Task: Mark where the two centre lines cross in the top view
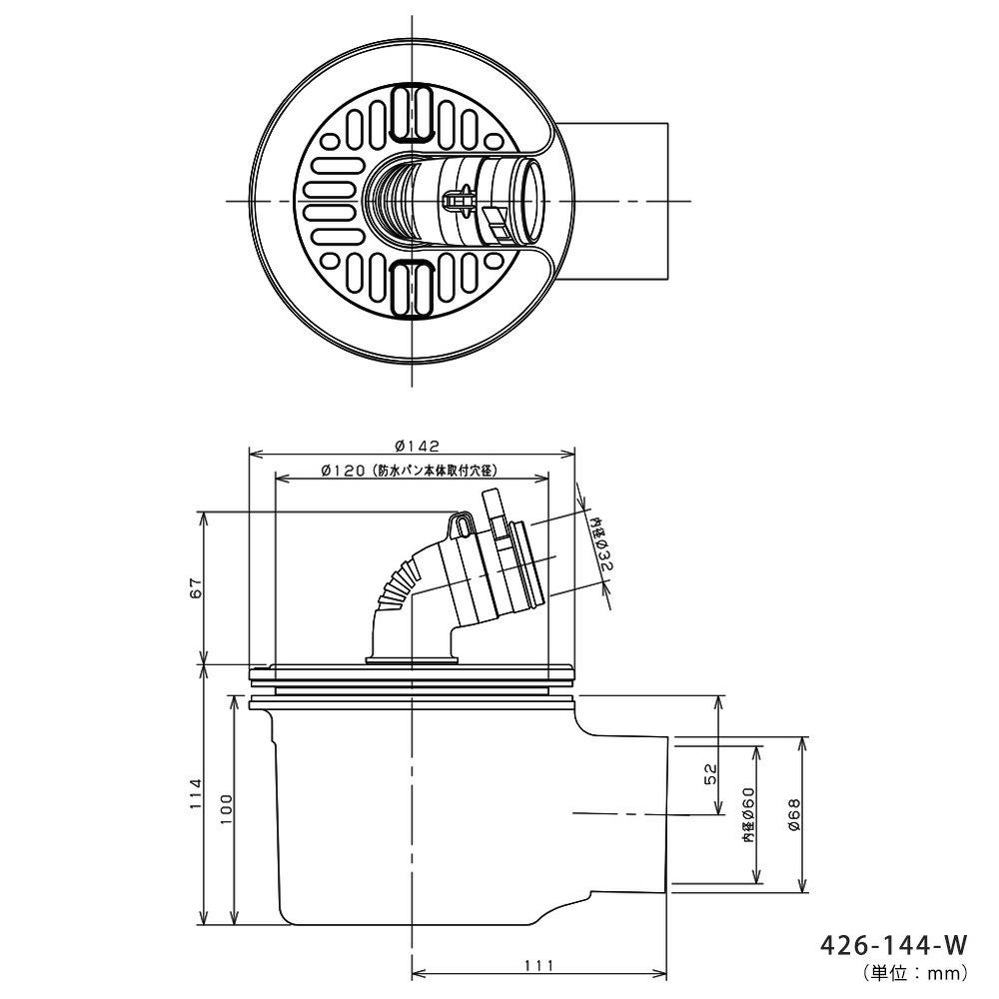(x=413, y=202)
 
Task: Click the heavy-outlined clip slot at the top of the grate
(x=412, y=114)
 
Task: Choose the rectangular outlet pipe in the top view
(x=610, y=201)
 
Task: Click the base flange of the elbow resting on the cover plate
(x=413, y=660)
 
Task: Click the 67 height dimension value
(x=196, y=587)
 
